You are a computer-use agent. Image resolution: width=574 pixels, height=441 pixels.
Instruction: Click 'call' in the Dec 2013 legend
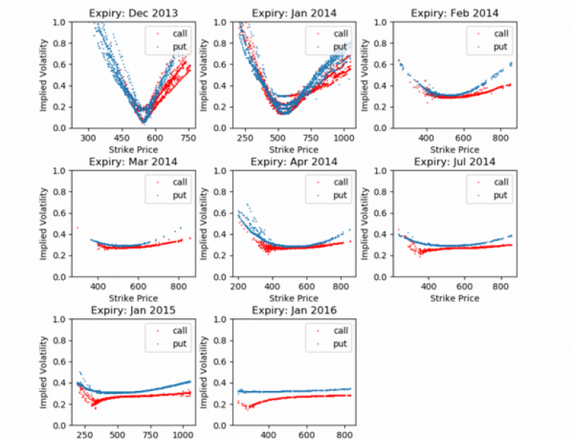pos(179,33)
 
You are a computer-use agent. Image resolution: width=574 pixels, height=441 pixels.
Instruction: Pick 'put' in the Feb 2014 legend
pos(500,46)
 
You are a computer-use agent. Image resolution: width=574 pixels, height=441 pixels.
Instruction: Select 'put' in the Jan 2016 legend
pos(340,344)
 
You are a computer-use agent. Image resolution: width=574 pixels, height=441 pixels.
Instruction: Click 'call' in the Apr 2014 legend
pos(340,182)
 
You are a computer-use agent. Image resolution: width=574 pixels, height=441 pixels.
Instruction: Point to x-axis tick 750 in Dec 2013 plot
pos(187,137)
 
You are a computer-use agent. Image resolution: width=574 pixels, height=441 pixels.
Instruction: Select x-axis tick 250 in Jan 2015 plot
pos(84,434)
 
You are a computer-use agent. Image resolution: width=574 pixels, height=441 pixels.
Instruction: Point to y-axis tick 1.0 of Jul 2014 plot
pos(378,171)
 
